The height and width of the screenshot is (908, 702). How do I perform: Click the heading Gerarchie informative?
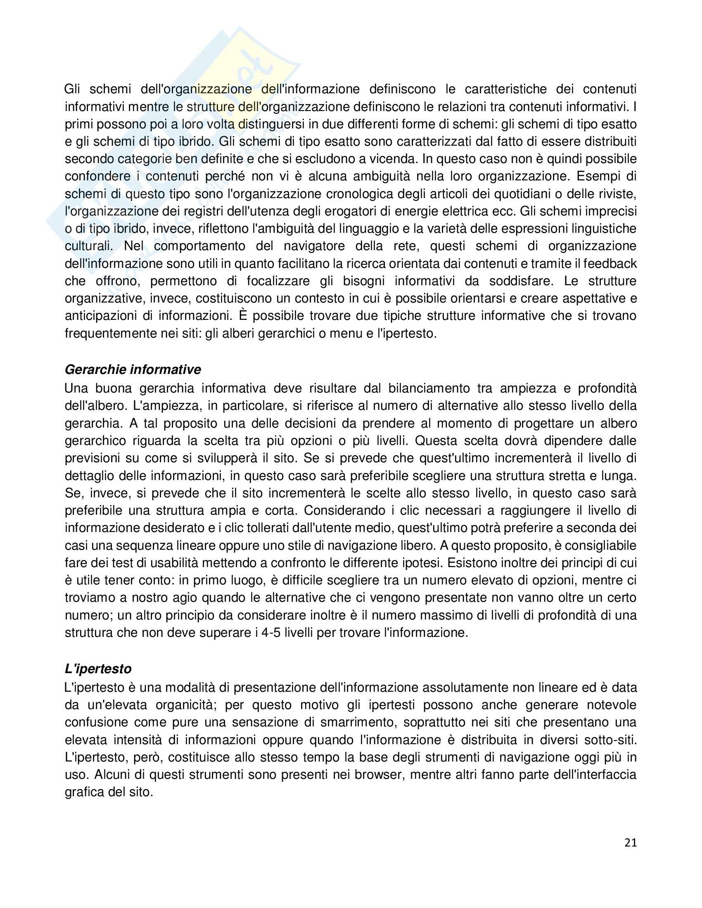click(133, 369)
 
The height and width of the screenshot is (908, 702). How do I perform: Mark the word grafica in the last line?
click(85, 792)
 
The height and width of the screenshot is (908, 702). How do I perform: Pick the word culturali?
click(89, 246)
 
